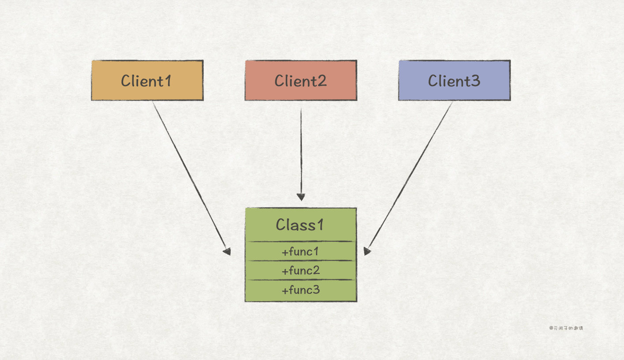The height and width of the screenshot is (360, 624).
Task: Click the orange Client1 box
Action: pos(147,80)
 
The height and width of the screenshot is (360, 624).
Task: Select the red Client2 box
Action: pos(301,80)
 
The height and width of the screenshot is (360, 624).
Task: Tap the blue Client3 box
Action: pos(455,80)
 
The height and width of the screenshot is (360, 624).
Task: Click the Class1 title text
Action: pos(300,225)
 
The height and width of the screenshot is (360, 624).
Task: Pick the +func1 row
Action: pos(301,251)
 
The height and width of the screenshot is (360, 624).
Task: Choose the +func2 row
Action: pos(301,270)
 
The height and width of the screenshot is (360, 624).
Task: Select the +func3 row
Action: pos(301,290)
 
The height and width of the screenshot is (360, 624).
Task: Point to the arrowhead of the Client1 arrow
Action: pos(227,251)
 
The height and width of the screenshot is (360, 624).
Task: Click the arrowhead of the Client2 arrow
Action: pos(301,197)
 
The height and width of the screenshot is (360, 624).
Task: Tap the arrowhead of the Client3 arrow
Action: pos(367,251)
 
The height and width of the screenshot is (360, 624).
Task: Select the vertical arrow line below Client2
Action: pos(301,154)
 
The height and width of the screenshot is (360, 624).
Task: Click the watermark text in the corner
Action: pos(566,328)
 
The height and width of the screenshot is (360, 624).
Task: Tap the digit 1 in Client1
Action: pos(168,81)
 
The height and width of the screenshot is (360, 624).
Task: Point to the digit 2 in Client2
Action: pos(321,81)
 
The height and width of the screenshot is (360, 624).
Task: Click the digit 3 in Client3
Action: pos(475,81)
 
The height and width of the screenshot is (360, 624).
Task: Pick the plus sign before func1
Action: pos(285,252)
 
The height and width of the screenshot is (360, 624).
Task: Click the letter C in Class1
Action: pos(281,225)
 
